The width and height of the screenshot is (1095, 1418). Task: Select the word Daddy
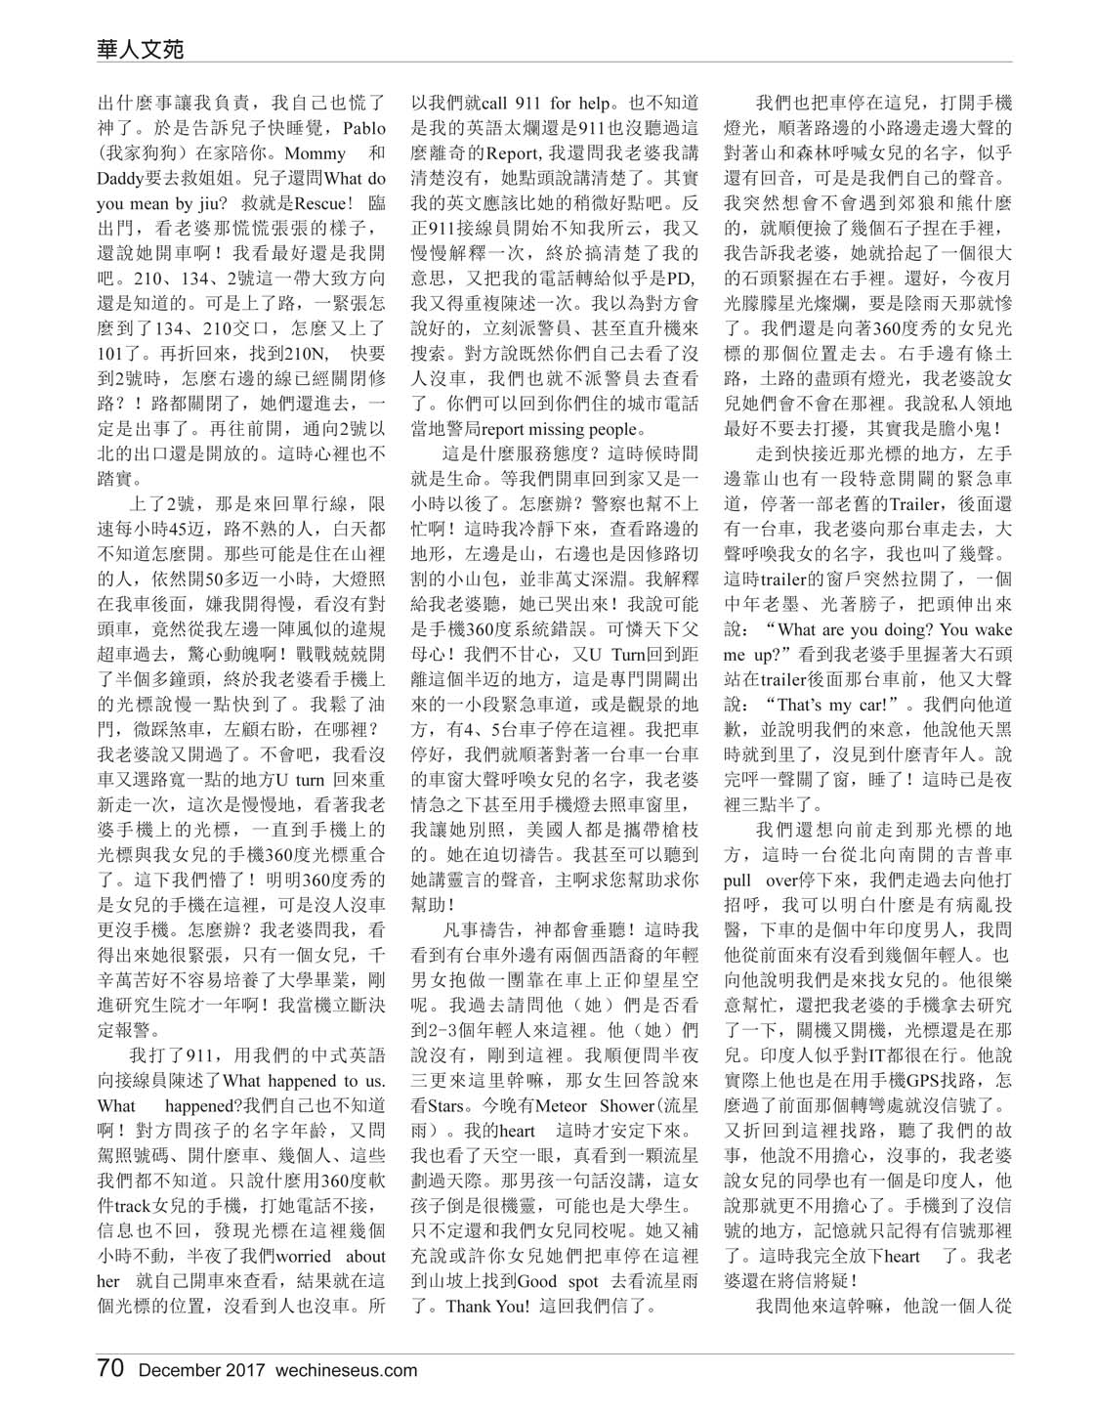coord(121,179)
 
